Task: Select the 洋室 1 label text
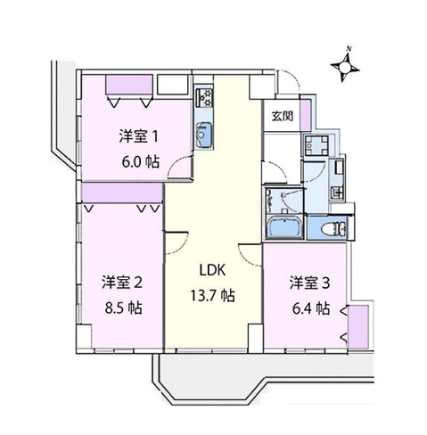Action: (140, 136)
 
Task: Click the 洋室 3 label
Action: (308, 283)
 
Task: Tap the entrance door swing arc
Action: (290, 89)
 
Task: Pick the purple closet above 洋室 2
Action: (121, 193)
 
